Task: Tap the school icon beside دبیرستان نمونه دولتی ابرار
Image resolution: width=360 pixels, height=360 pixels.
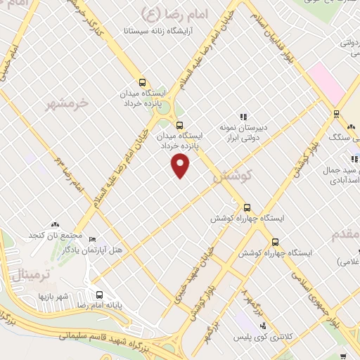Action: tap(243, 117)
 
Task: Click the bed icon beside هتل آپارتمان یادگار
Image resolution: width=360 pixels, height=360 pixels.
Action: tap(93, 239)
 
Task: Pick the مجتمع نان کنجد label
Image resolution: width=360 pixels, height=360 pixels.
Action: tap(56, 234)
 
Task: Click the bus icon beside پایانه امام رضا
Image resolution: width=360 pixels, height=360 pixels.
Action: tap(99, 295)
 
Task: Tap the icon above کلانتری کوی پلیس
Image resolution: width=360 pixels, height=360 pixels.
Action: tap(263, 326)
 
